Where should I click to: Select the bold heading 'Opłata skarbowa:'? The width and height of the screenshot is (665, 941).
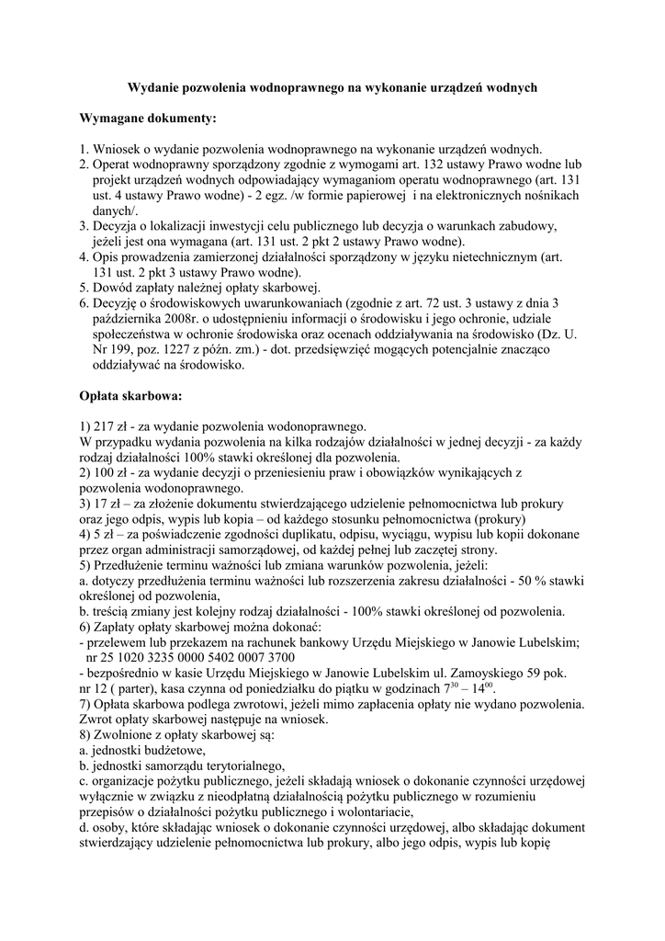[x=131, y=397]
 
